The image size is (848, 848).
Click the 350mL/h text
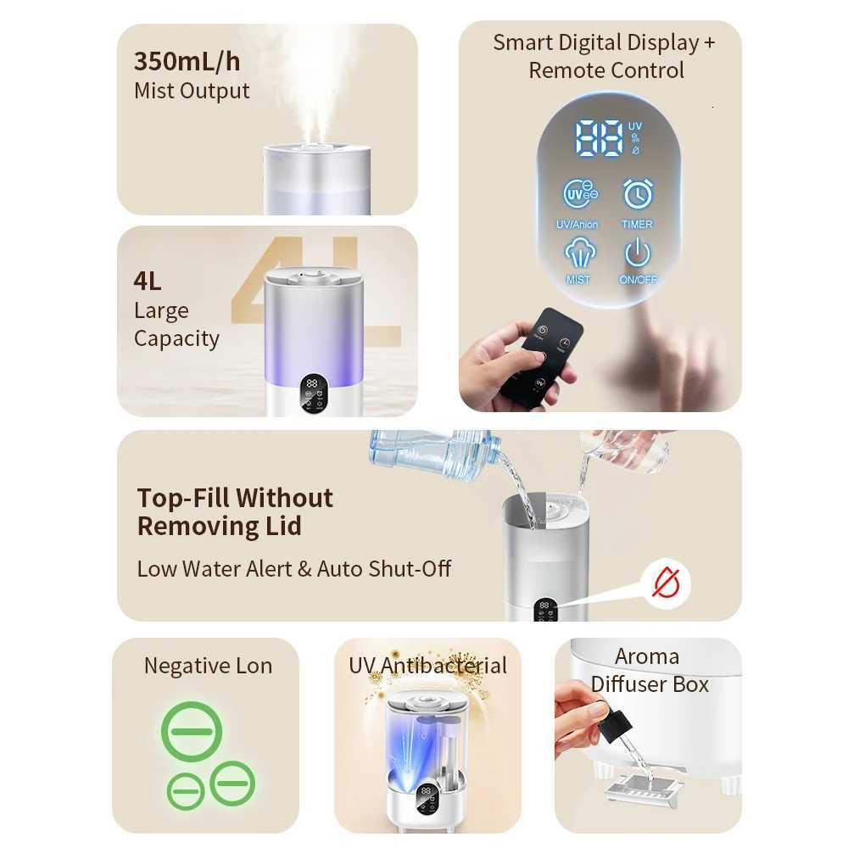point(187,62)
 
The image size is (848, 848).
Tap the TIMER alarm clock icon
point(638,194)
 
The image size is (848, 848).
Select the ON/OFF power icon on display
point(638,253)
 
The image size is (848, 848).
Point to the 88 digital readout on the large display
point(600,137)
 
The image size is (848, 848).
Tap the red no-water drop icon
point(667,583)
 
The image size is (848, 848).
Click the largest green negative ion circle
point(192,732)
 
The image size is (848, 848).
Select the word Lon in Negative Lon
point(252,666)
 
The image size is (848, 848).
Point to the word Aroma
point(647,656)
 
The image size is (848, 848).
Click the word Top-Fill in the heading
point(182,498)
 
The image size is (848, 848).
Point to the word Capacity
point(176,338)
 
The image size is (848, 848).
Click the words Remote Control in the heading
point(606,70)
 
